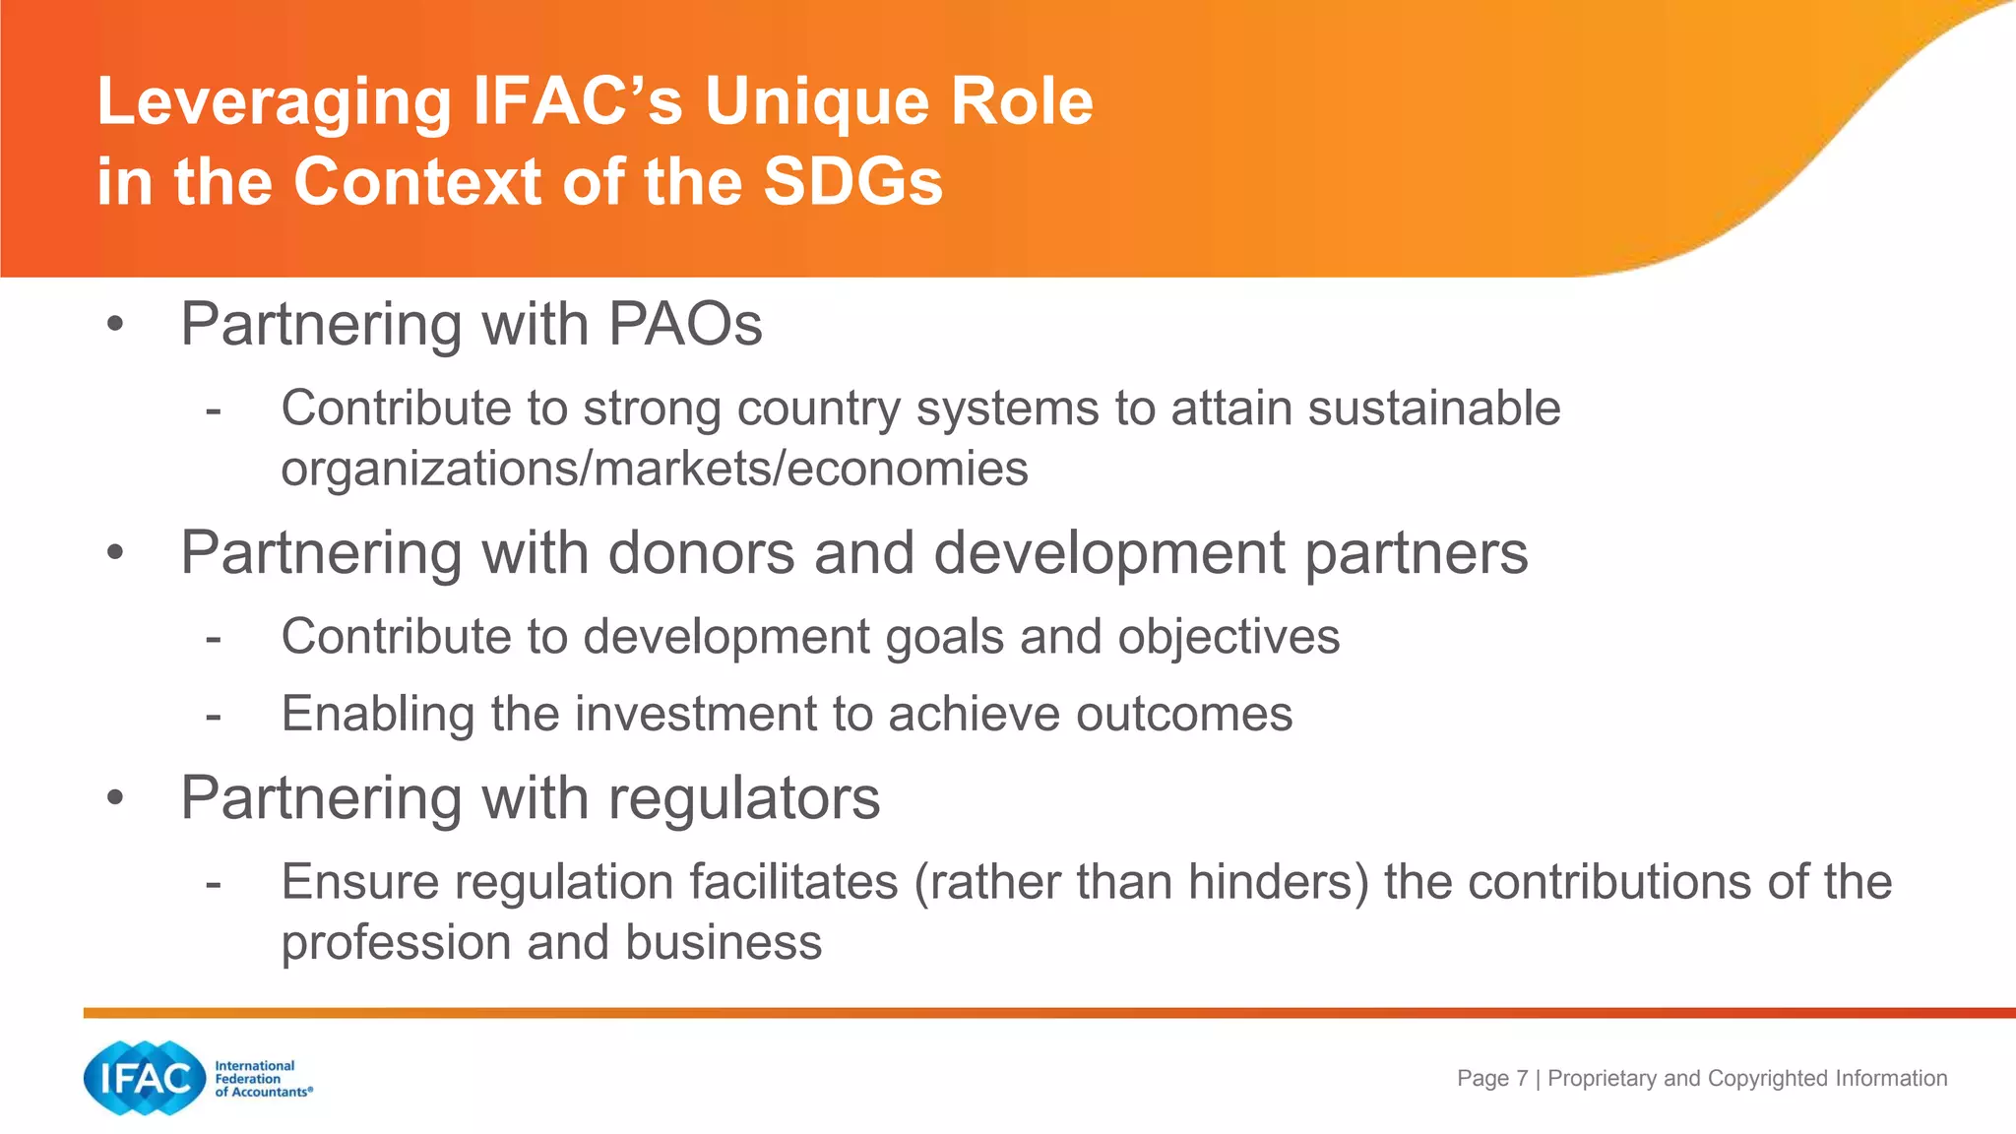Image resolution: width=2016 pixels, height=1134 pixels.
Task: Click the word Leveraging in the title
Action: [274, 103]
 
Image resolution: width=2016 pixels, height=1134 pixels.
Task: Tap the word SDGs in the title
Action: [852, 182]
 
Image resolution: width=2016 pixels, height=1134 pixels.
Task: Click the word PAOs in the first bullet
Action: [684, 324]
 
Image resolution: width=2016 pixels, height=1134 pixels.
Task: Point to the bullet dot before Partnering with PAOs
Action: [116, 324]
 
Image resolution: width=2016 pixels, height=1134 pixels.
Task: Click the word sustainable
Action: [1433, 408]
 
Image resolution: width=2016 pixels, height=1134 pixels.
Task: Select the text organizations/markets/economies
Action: [654, 469]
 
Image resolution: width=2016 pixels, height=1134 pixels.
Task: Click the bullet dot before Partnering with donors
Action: [116, 552]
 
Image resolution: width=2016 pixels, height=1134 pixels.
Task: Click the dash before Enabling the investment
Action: [214, 715]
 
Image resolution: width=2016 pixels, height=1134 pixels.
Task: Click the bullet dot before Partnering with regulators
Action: [116, 797]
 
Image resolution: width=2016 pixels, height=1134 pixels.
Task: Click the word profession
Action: [396, 942]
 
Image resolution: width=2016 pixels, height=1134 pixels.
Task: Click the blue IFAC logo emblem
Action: [145, 1078]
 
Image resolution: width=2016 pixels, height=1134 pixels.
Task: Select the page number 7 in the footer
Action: [1522, 1078]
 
